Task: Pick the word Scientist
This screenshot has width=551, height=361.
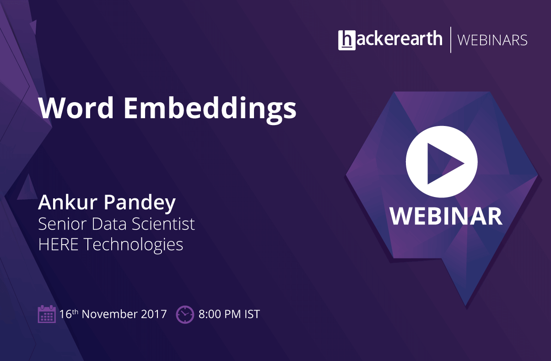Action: tap(163, 224)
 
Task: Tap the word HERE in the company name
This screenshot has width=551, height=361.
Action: tap(58, 244)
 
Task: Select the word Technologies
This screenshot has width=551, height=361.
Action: tap(134, 245)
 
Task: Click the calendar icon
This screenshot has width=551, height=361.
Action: tap(47, 314)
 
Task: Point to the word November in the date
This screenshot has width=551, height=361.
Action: tap(109, 314)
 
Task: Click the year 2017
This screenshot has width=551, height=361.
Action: tap(154, 314)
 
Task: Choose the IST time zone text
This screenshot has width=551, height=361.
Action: tap(252, 314)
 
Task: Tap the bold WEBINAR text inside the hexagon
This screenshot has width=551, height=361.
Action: tap(446, 216)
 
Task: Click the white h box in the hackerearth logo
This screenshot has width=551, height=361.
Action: tap(347, 40)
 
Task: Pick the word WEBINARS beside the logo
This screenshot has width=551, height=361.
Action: tap(492, 40)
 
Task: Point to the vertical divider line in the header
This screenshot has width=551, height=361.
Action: tap(451, 40)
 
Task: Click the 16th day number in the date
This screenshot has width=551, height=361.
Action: tap(69, 314)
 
